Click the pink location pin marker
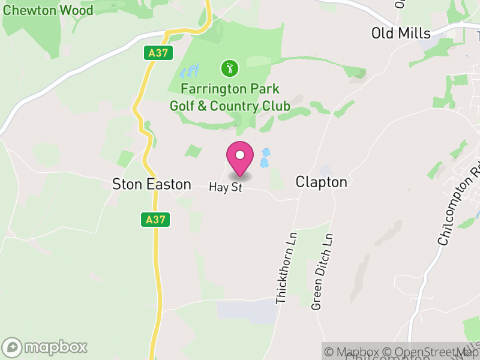coord(240,158)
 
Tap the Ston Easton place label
coord(152,184)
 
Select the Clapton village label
coord(321,182)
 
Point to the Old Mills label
coord(400,33)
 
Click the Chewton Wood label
coord(49,10)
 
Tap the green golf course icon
coord(229,68)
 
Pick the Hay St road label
coord(225,187)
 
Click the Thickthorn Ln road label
coord(286,268)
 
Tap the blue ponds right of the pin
coord(264,159)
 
